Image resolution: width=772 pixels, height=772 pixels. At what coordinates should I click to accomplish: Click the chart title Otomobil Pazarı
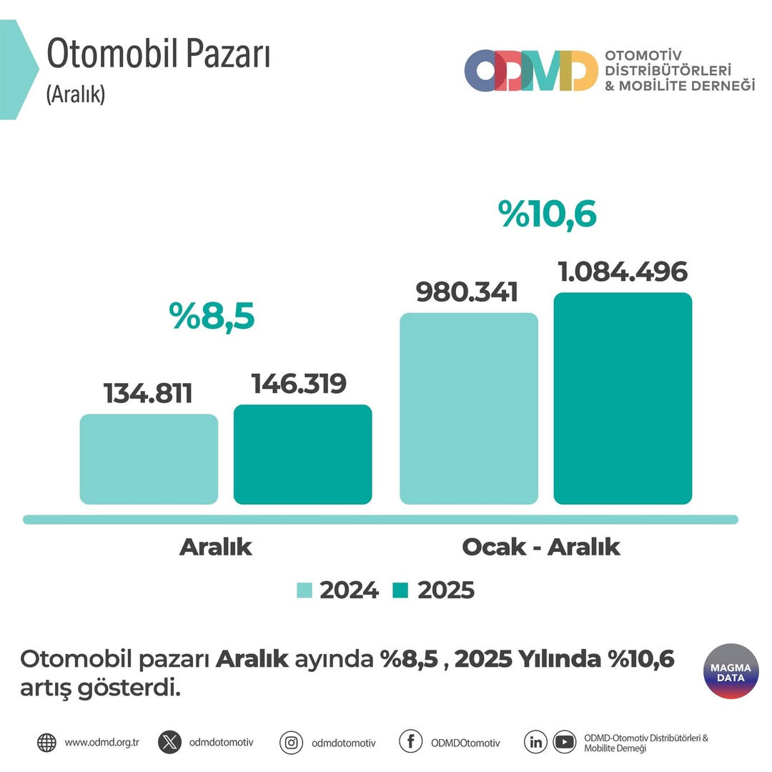[x=158, y=56]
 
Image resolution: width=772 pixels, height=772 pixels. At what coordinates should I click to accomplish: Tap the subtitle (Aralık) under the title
[x=76, y=94]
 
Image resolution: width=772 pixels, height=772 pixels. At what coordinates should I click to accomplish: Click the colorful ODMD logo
[x=531, y=71]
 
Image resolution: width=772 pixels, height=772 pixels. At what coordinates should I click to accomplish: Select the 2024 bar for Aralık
[x=149, y=459]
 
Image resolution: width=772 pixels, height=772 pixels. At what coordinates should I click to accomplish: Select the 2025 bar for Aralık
[x=302, y=455]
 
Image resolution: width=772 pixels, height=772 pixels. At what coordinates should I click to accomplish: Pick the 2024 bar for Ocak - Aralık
[x=469, y=408]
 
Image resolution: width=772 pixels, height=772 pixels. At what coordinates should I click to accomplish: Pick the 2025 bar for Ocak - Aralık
[x=623, y=398]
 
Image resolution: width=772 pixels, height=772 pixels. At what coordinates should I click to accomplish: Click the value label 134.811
[x=148, y=393]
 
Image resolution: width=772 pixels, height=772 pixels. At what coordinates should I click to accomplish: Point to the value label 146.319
[x=299, y=384]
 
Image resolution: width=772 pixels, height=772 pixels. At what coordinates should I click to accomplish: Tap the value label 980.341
[x=467, y=292]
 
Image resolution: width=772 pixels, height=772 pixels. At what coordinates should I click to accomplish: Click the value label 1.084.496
[x=622, y=272]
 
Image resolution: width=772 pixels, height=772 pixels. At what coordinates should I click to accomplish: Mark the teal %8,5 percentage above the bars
[x=212, y=317]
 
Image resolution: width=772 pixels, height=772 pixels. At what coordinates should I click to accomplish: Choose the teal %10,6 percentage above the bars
[x=548, y=214]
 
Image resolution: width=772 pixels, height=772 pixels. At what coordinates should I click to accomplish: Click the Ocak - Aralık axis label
[x=540, y=547]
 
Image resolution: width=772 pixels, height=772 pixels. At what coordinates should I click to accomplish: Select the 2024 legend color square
[x=305, y=590]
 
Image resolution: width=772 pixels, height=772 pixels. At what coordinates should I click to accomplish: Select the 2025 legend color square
[x=400, y=590]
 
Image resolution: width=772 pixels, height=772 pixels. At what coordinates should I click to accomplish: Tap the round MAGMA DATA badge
[x=731, y=672]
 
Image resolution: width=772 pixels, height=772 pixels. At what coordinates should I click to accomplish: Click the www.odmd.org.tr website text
[x=102, y=743]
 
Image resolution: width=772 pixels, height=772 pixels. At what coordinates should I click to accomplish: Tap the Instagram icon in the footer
[x=291, y=743]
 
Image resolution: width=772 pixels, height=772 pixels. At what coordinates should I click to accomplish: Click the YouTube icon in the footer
[x=564, y=742]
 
